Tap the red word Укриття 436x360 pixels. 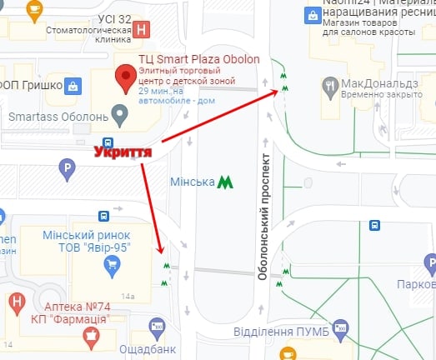click(x=123, y=152)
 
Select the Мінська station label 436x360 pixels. click(x=192, y=182)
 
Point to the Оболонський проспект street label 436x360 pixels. click(x=263, y=216)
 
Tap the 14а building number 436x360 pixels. click(x=127, y=295)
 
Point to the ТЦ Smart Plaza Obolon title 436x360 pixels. click(x=198, y=59)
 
